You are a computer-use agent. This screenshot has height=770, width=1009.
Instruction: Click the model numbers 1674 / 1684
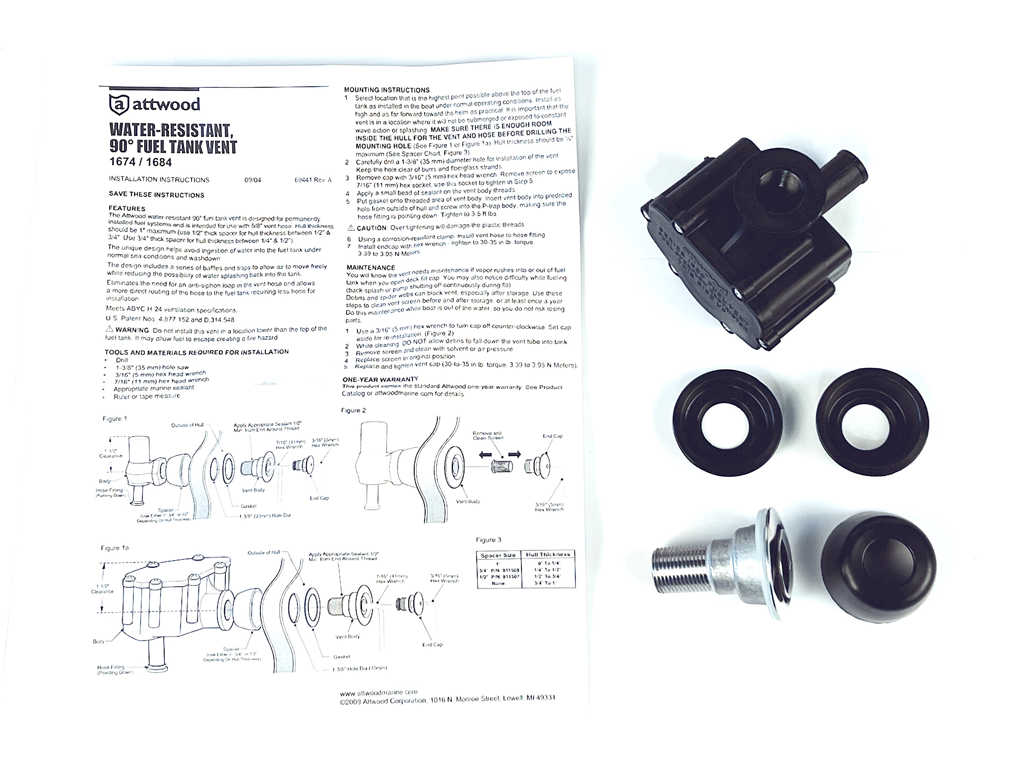coord(141,162)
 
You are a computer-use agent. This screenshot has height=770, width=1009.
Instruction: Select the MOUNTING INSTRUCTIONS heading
coord(387,90)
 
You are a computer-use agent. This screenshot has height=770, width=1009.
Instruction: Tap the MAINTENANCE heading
coord(371,267)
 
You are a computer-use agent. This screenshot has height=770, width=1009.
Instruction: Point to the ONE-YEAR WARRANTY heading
coord(380,379)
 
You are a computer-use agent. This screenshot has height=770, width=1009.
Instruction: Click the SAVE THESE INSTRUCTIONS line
coord(156,195)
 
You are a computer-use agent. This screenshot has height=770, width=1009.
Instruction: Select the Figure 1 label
coord(114,418)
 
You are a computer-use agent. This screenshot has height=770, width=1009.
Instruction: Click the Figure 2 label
coord(354,410)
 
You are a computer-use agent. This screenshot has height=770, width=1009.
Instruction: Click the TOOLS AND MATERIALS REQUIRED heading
coord(197,352)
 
